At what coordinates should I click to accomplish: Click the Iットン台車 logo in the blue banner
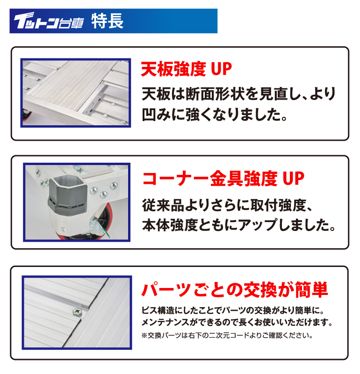pos(49,21)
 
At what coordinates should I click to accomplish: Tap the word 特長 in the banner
pos(108,21)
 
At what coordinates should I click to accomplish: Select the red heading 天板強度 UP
pos(187,69)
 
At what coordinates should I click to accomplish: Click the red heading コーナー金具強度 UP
pos(223,179)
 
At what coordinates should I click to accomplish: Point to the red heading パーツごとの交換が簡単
pos(235,289)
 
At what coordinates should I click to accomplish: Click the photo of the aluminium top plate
pos(76,93)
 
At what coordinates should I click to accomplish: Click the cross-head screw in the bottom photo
pos(77,311)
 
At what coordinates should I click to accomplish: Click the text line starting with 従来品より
pos(227,205)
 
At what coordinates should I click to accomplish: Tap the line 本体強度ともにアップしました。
pos(239,225)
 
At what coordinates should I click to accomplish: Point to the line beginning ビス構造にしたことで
pos(233,310)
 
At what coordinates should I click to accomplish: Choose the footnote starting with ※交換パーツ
pos(227,335)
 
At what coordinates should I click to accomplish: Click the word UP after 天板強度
pos(221,69)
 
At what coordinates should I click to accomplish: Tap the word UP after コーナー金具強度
pos(294,179)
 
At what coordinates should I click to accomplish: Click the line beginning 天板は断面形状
pos(238,94)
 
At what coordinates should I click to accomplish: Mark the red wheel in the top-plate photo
pos(26,115)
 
